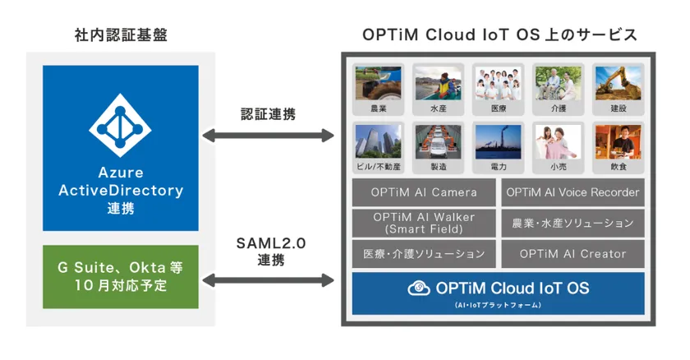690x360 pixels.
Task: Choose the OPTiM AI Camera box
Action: [424, 193]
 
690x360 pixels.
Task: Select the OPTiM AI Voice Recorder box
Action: [573, 193]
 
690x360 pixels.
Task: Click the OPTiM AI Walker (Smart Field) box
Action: [424, 223]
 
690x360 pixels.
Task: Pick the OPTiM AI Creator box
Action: [573, 253]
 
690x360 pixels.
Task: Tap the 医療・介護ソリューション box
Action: [424, 253]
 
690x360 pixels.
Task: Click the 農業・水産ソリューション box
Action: [573, 223]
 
